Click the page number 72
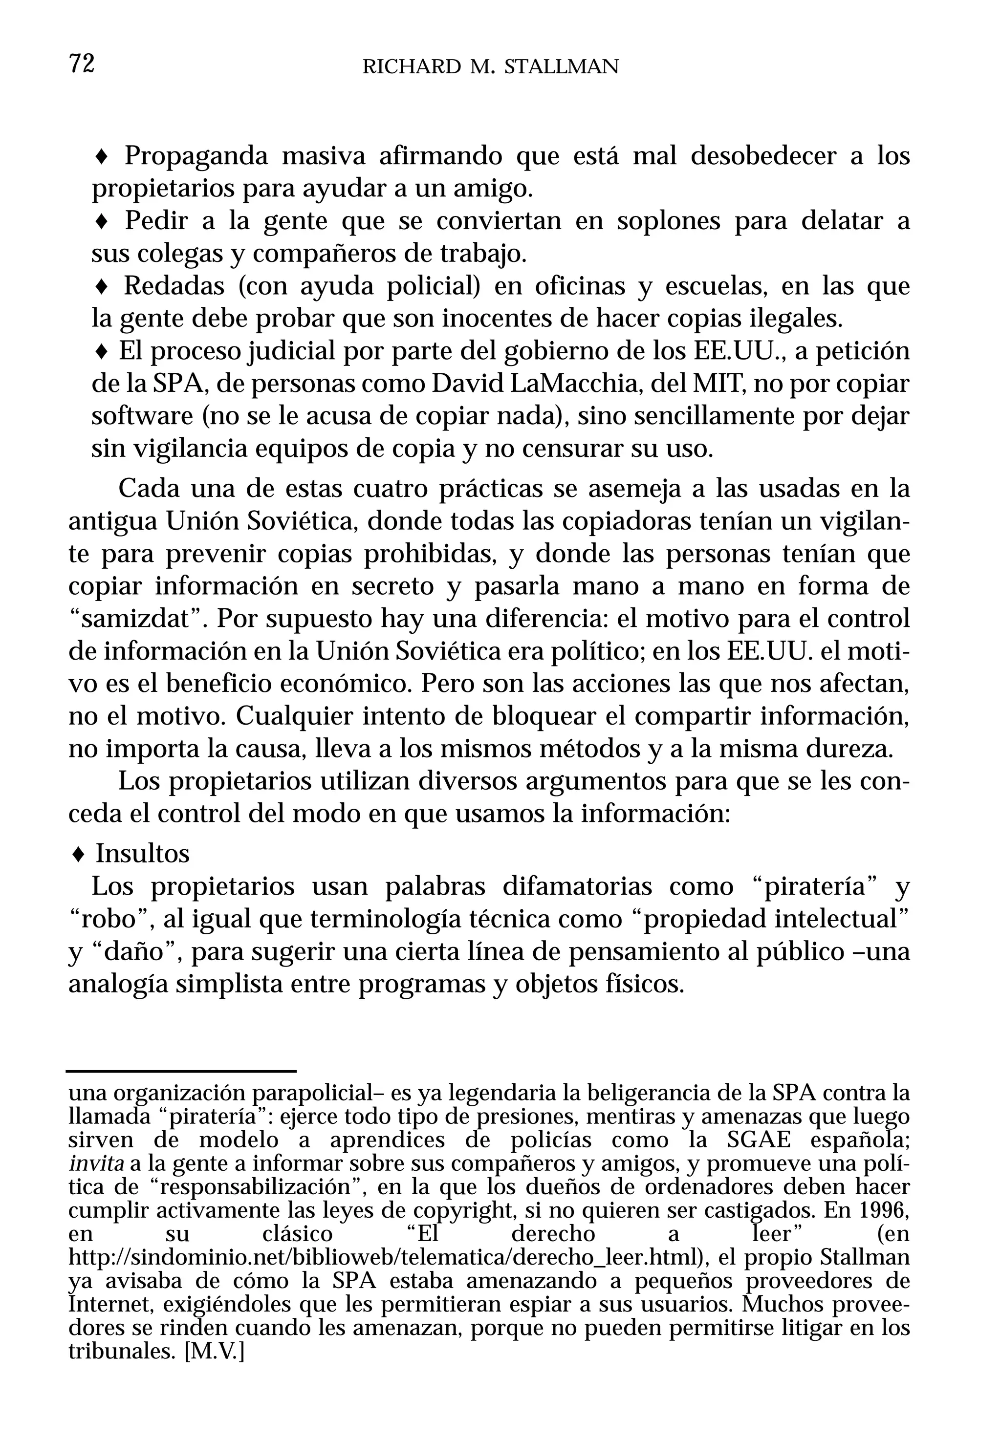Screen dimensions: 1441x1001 pos(82,64)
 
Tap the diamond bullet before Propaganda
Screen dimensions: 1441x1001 pos(102,157)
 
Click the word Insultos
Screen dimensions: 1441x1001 pos(142,854)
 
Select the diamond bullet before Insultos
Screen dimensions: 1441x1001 pos(78,854)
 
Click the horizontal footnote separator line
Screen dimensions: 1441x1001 pos(181,1072)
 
